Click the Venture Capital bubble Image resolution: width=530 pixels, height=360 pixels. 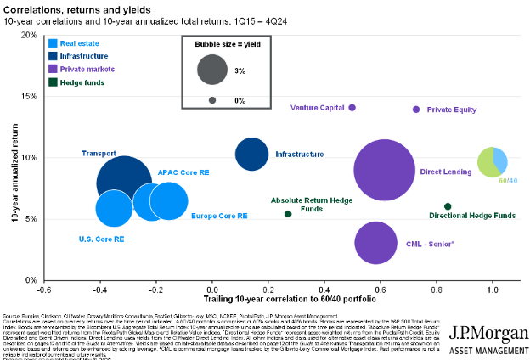(352, 108)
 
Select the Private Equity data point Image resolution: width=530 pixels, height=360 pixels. (416, 110)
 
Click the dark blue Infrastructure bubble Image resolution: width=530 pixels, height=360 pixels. (251, 155)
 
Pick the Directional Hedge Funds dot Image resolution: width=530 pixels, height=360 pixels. (448, 206)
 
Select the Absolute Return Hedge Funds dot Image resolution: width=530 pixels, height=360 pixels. (288, 214)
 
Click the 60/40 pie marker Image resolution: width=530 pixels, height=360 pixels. (493, 161)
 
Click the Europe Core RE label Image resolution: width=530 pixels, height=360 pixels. (219, 216)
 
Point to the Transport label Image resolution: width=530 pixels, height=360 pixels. (98, 154)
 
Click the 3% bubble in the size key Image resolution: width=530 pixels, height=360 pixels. (211, 70)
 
